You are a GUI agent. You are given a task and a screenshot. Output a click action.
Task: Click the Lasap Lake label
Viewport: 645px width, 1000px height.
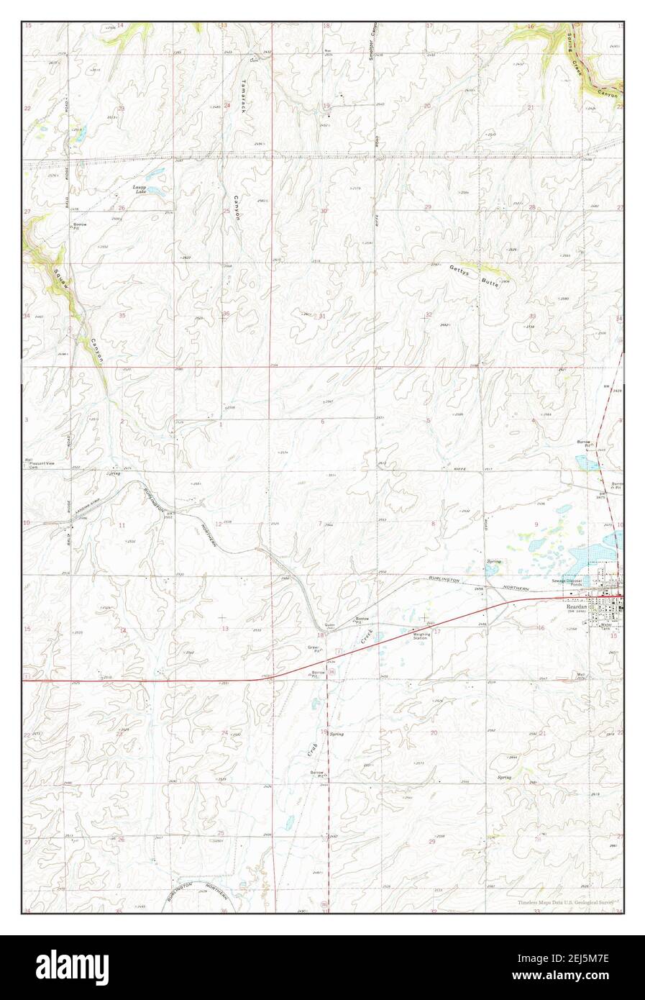tap(141, 189)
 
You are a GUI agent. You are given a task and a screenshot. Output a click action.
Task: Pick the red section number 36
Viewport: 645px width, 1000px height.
tap(226, 314)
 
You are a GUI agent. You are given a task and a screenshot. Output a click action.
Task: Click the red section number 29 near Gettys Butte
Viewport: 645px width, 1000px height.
tap(428, 207)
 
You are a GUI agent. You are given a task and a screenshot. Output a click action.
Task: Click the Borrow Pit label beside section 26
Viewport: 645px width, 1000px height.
tap(79, 226)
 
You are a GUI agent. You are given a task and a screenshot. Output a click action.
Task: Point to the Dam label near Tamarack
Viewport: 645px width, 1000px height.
tap(252, 60)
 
